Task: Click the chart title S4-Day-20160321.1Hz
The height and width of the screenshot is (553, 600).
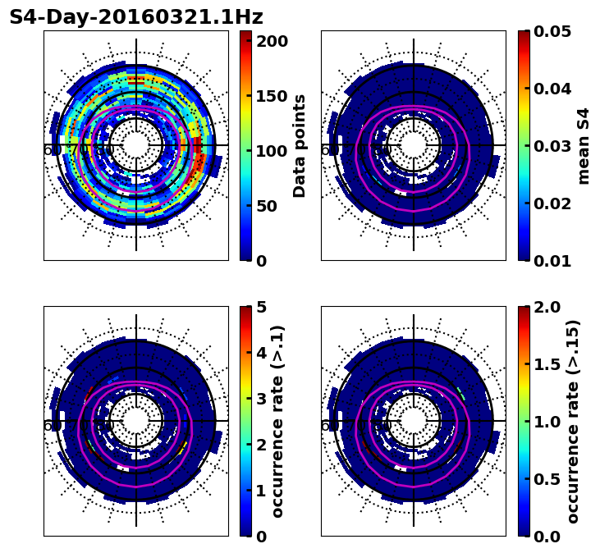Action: (136, 17)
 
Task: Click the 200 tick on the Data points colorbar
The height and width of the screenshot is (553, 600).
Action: (273, 41)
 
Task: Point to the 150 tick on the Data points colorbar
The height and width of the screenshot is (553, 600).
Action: (273, 96)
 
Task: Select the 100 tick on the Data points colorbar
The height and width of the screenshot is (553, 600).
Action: (273, 151)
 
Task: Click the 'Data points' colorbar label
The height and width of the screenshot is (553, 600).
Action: (300, 146)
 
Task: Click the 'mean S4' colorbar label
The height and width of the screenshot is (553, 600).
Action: (584, 146)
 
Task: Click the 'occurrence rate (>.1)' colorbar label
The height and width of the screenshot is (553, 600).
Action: (278, 422)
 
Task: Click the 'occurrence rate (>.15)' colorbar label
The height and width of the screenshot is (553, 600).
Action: (573, 422)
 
